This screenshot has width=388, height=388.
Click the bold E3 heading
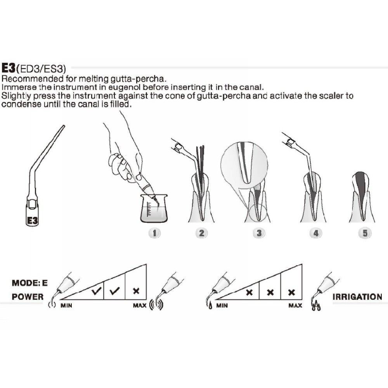pos(9,68)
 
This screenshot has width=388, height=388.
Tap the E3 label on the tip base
pos(33,220)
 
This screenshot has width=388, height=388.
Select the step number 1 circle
pos(154,233)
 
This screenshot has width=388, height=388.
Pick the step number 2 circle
pos(201,233)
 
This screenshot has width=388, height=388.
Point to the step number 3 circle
pos(259,233)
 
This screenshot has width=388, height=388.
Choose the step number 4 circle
pos(316,233)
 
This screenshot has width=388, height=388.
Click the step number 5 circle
pos(365,233)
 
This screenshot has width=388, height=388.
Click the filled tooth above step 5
pos(362,196)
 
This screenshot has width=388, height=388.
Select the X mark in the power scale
pos(136,291)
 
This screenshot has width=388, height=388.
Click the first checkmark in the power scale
pos(96,291)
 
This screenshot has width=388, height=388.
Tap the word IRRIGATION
pos(357,297)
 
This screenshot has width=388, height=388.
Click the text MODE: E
pos(29,283)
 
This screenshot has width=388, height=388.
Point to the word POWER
pos(28,297)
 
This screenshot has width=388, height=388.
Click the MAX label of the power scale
pos(140,306)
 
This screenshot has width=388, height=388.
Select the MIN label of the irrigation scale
pos(222,306)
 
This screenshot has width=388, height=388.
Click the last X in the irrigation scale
pos(291,292)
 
